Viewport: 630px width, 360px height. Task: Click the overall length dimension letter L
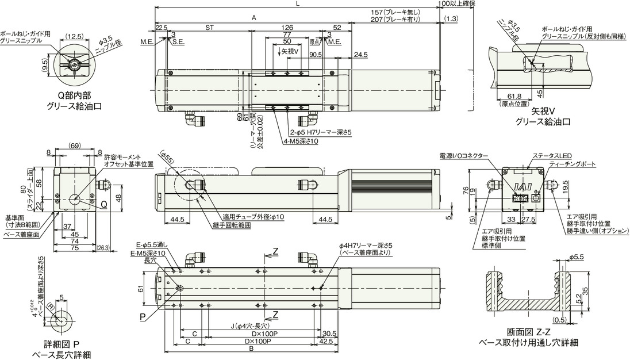[x=297, y=4]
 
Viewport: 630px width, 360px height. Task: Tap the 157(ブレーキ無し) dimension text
[x=397, y=13]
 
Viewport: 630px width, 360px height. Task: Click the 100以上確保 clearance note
[x=456, y=4]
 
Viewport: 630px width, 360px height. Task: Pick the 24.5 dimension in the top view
[x=361, y=55]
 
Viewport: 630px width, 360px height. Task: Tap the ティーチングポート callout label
[x=573, y=164]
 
